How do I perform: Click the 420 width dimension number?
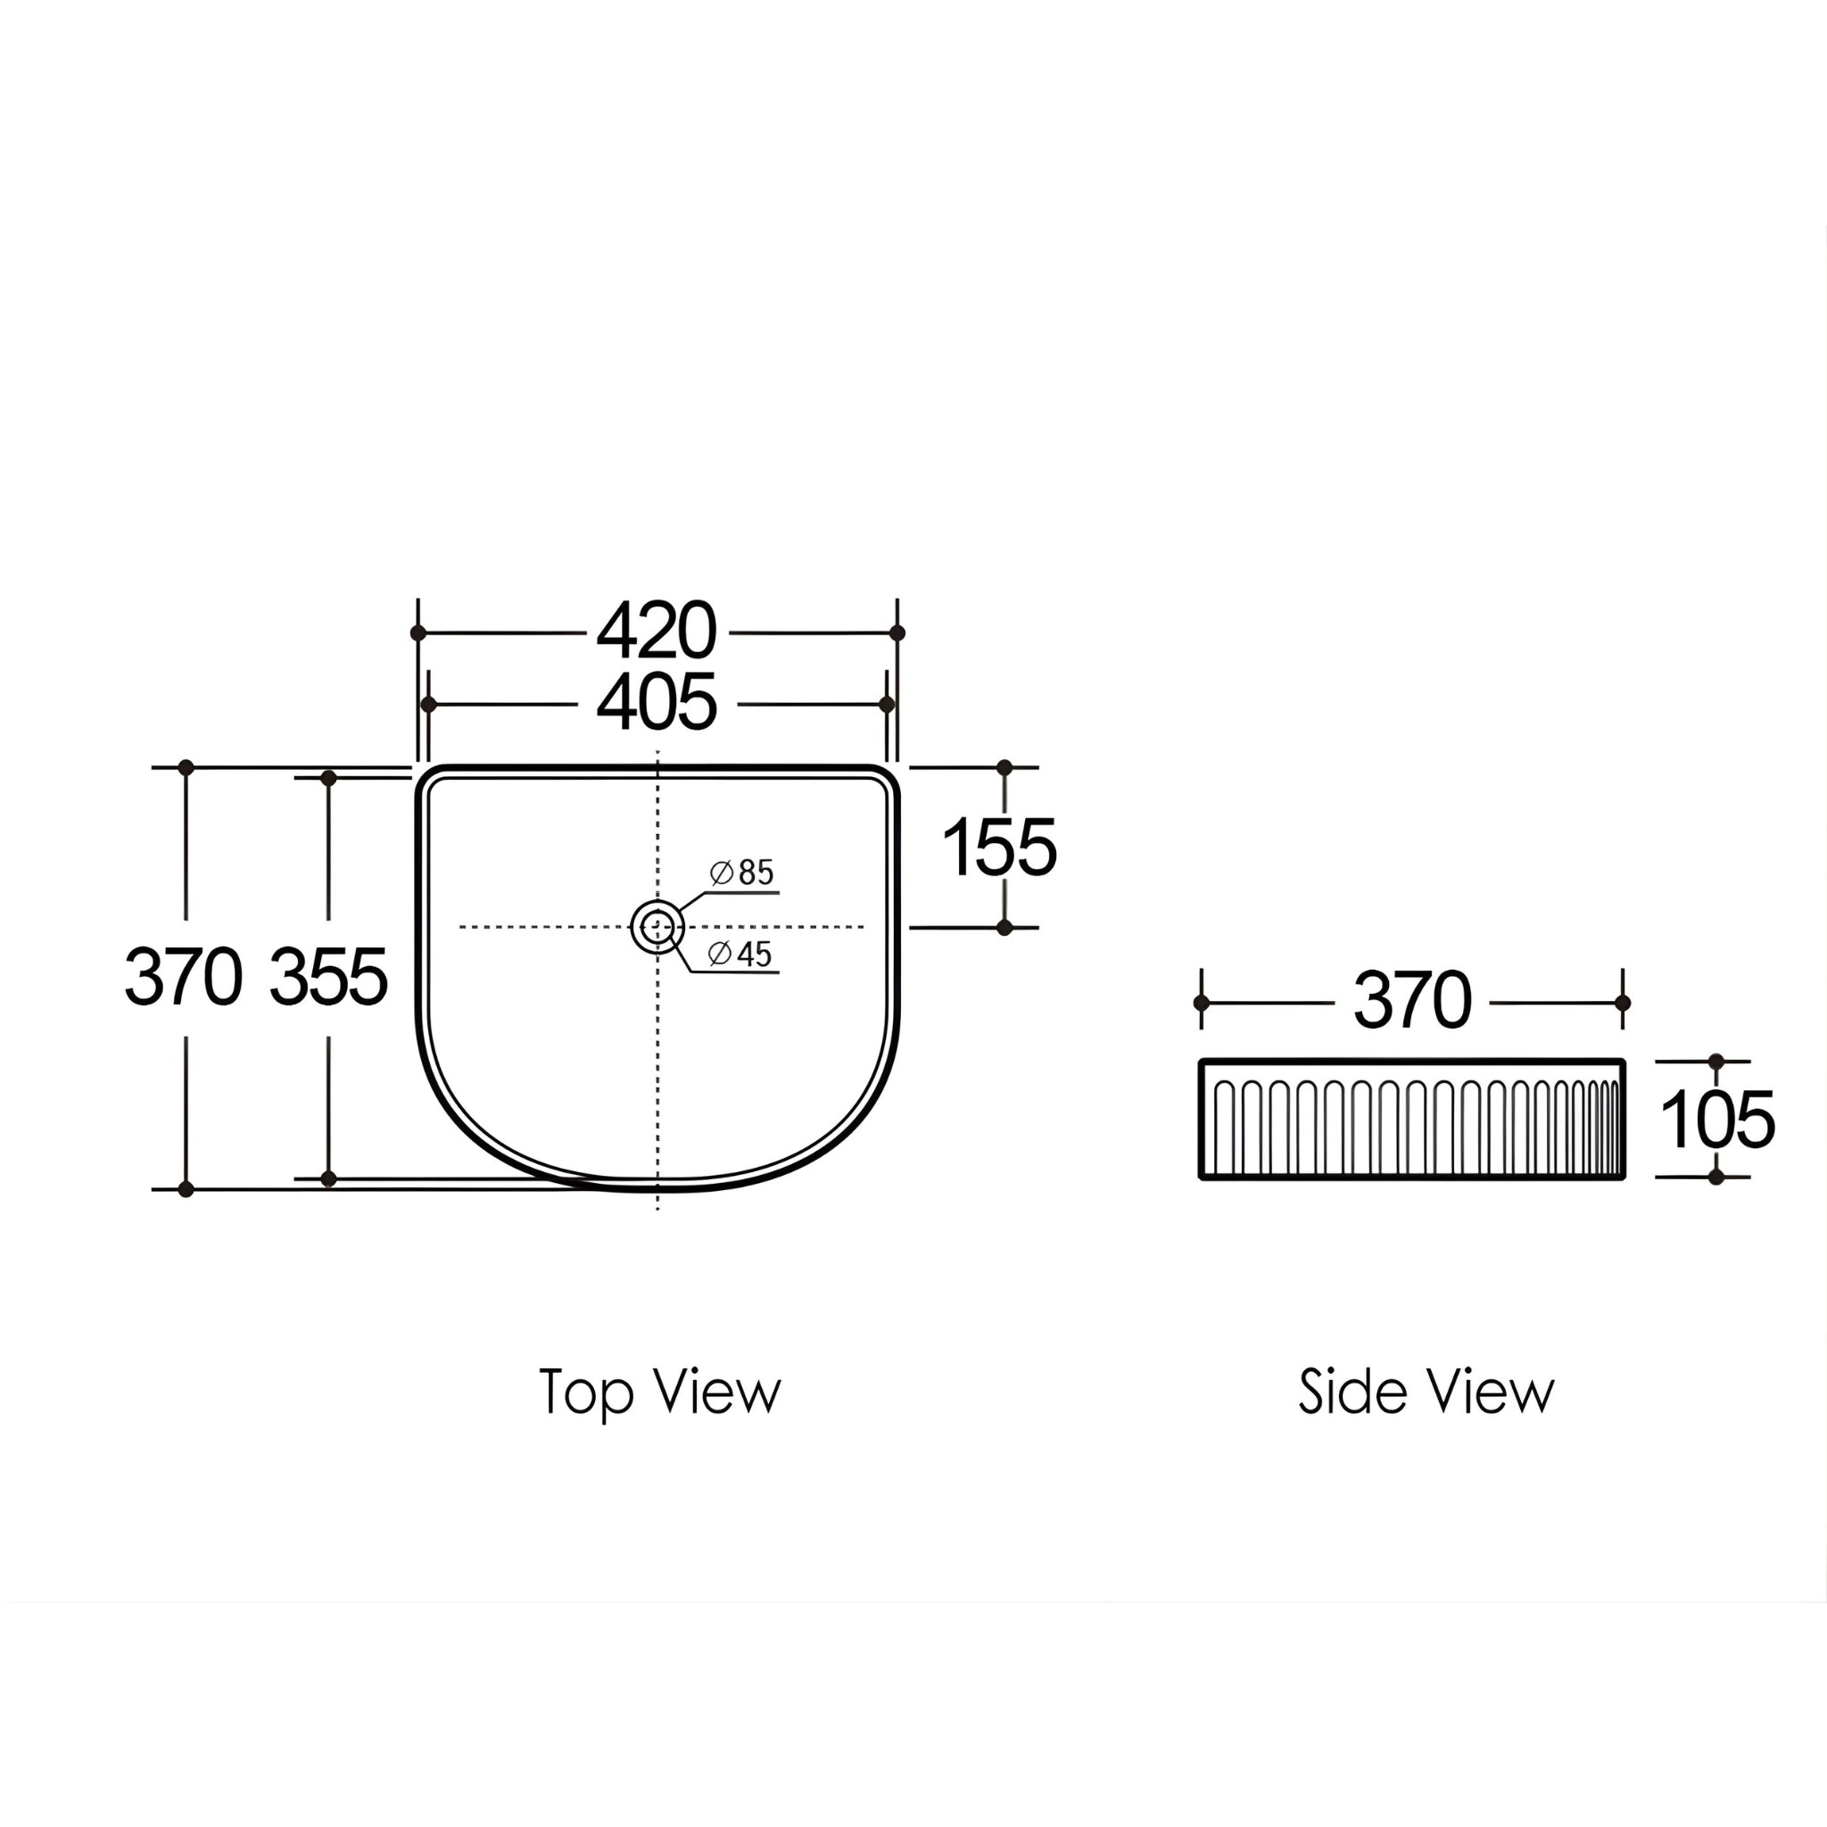[657, 632]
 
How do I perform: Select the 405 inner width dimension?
[657, 704]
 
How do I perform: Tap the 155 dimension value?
[999, 847]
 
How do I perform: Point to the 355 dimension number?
[328, 977]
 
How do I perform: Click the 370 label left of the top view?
[184, 977]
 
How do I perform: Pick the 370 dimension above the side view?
[1412, 1001]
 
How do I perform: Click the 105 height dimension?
[1717, 1120]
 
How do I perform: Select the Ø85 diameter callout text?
[741, 872]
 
